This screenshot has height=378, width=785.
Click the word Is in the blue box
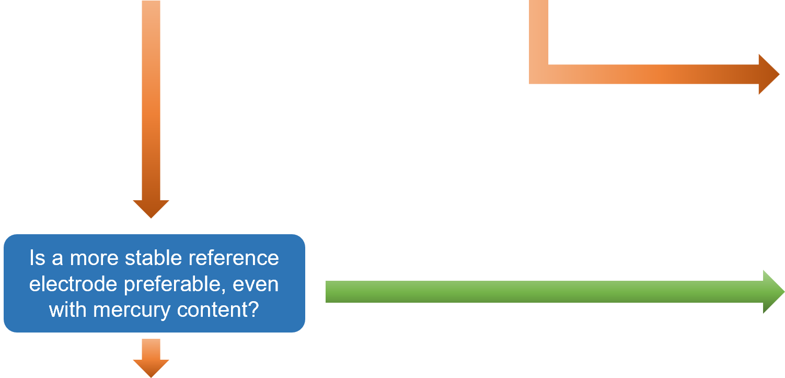pyautogui.click(x=38, y=258)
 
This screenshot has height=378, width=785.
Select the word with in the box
pyautogui.click(x=68, y=310)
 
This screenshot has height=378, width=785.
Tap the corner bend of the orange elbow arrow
pyautogui.click(x=539, y=74)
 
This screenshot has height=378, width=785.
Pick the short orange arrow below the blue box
pyautogui.click(x=151, y=358)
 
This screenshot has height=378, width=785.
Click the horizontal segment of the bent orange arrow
pyautogui.click(x=653, y=74)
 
